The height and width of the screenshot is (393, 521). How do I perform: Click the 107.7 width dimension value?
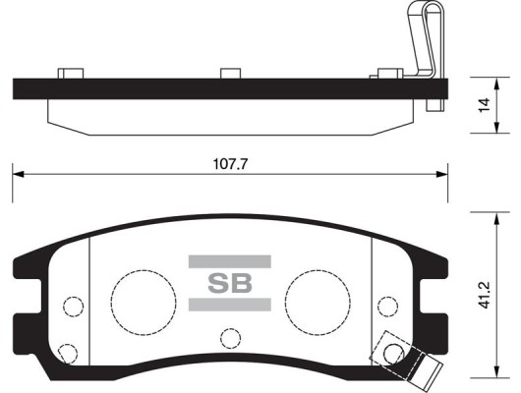point(230,164)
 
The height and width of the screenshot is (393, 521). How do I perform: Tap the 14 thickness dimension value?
point(485,105)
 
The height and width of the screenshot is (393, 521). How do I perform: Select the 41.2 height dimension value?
point(485,296)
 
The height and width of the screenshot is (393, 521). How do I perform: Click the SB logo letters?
point(230,283)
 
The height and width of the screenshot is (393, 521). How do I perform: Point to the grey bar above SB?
point(230,261)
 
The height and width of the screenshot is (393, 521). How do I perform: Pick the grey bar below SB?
point(230,305)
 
